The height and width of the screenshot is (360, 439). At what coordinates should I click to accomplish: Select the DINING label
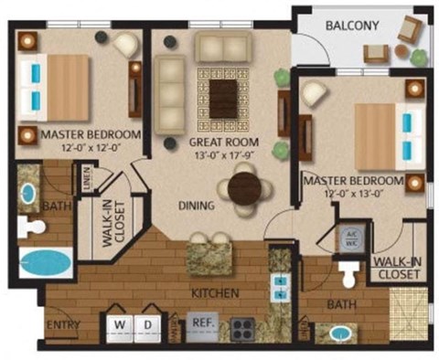tap(197, 206)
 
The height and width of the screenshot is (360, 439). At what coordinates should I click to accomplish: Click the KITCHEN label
tap(215, 293)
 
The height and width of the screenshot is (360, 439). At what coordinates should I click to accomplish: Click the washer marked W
tap(119, 324)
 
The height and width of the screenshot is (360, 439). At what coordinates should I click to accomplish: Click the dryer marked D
tap(147, 324)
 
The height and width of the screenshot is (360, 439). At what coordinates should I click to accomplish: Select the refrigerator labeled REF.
tap(201, 323)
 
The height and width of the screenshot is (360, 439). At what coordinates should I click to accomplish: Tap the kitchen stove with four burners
tap(241, 326)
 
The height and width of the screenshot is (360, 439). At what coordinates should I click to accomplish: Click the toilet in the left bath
tap(35, 226)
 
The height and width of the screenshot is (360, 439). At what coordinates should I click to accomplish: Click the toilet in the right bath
tap(347, 273)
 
